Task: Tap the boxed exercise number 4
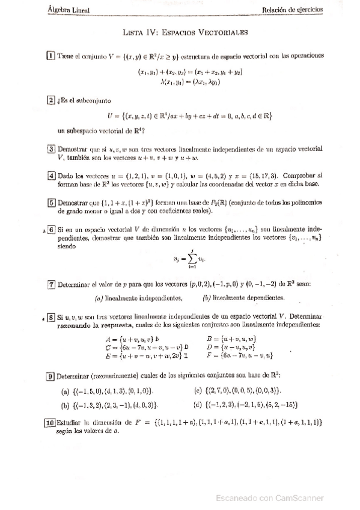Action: [51, 176]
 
